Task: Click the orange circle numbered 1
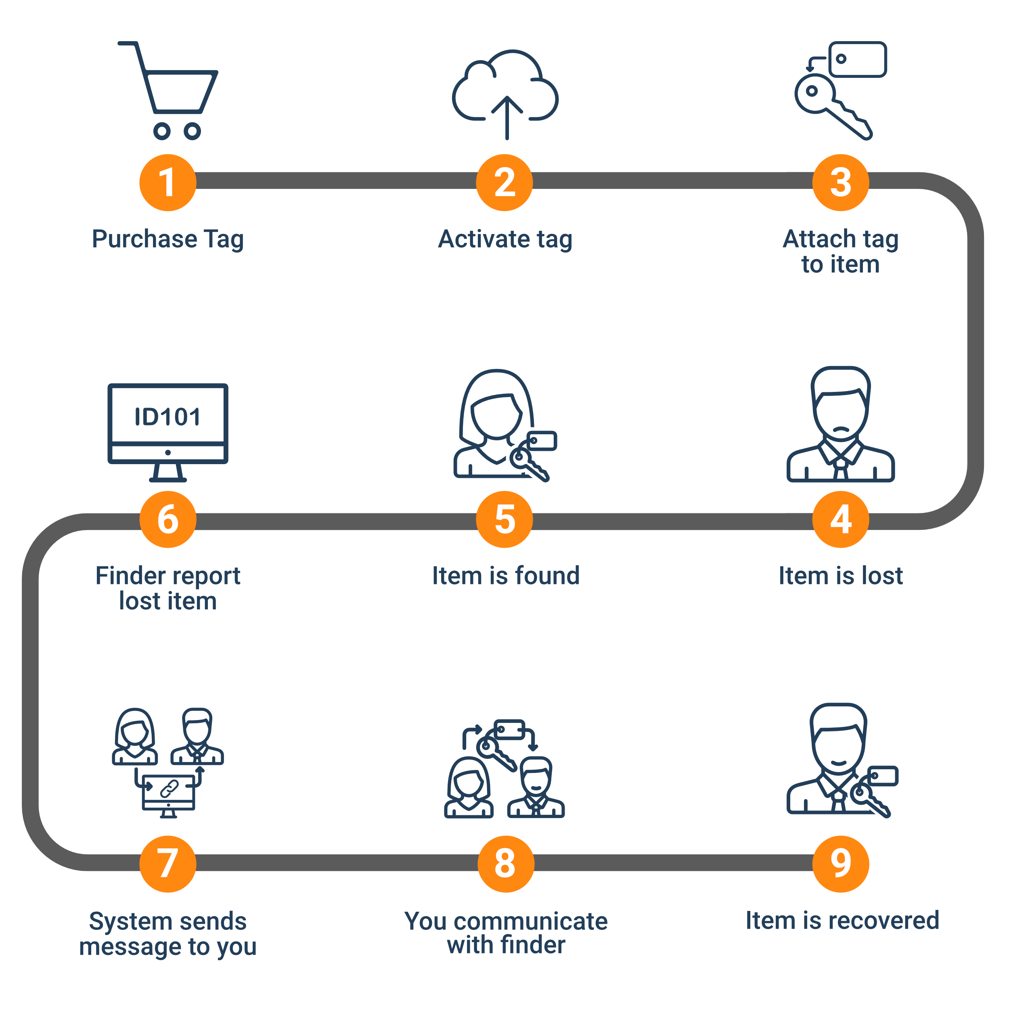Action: pos(167,182)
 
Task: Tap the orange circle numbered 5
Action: pos(504,519)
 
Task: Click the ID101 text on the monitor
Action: pos(167,417)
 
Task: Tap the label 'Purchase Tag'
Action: pos(167,239)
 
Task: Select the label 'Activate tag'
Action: pos(505,239)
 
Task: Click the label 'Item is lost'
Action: pos(841,576)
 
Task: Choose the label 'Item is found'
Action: pos(506,576)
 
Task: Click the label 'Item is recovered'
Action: pos(842,920)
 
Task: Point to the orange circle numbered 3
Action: pos(841,182)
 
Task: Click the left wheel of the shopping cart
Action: pos(162,131)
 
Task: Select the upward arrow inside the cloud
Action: pos(507,117)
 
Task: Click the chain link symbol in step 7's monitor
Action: pos(169,789)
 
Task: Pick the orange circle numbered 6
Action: pos(167,519)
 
